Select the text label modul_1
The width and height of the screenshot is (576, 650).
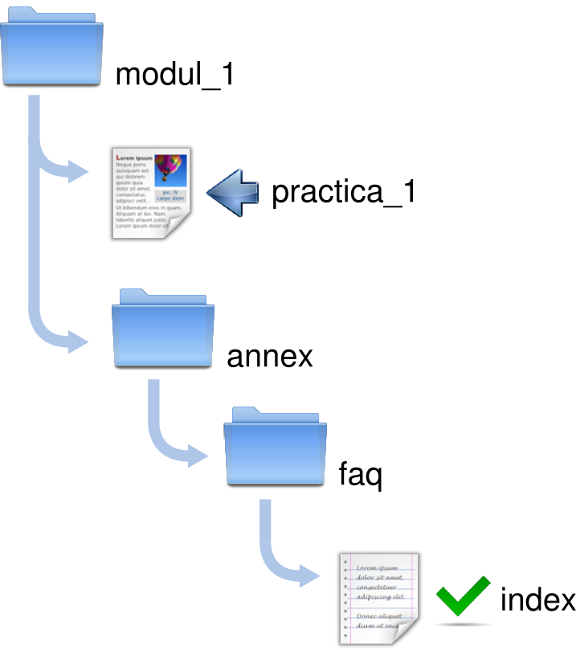pyautogui.click(x=174, y=75)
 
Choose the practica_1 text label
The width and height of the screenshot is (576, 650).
pyautogui.click(x=343, y=192)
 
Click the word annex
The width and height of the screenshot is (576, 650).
pyautogui.click(x=270, y=356)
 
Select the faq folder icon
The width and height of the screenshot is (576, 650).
pyautogui.click(x=276, y=448)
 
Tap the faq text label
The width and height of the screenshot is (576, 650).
pyautogui.click(x=360, y=475)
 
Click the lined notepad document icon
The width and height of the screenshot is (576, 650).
pyautogui.click(x=378, y=599)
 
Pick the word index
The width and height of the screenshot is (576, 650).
pyautogui.click(x=537, y=599)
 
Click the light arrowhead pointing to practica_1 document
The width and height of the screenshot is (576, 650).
pyautogui.click(x=79, y=170)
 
